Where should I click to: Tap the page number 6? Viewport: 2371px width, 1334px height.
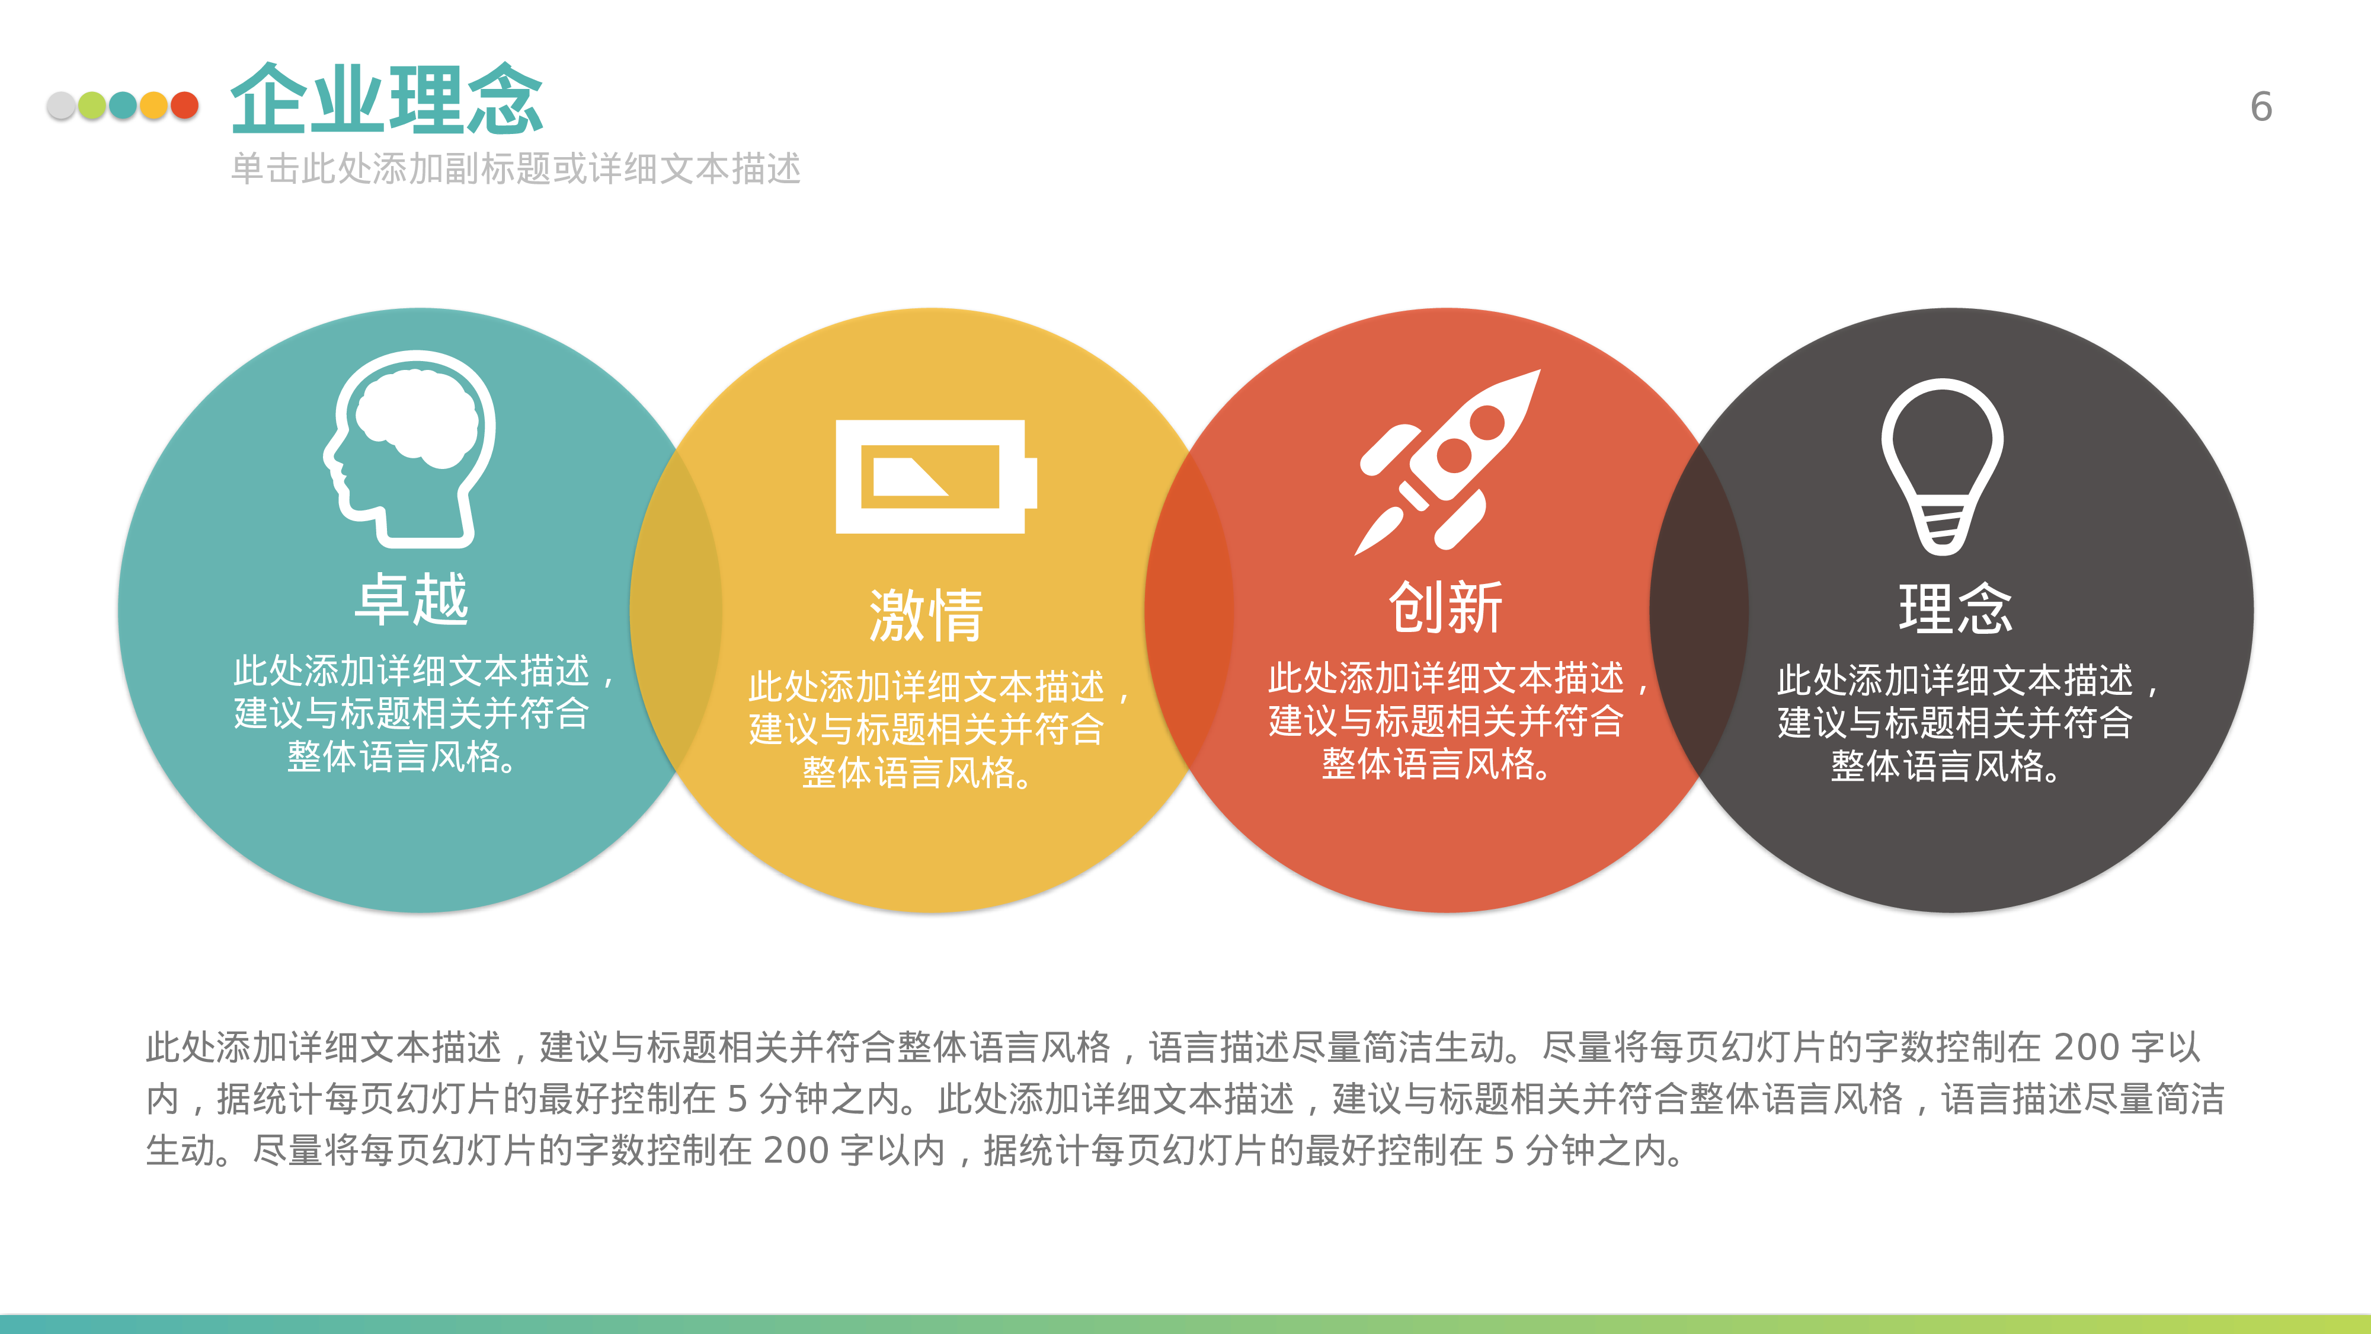tap(2261, 107)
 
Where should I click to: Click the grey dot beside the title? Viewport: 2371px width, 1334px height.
tap(62, 106)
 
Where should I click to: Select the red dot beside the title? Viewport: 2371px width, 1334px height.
tap(185, 106)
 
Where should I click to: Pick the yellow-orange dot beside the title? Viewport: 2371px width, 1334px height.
tap(153, 106)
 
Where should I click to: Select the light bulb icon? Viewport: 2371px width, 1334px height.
tap(1942, 465)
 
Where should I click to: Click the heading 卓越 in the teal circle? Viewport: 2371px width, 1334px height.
tap(411, 598)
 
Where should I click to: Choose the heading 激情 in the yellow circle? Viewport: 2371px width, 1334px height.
tap(926, 615)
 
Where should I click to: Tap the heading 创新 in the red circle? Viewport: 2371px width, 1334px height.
tap(1445, 608)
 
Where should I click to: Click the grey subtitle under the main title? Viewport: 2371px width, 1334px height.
tap(516, 168)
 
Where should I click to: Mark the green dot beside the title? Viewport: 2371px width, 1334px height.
tap(92, 106)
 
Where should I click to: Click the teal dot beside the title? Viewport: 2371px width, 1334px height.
tap(123, 106)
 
